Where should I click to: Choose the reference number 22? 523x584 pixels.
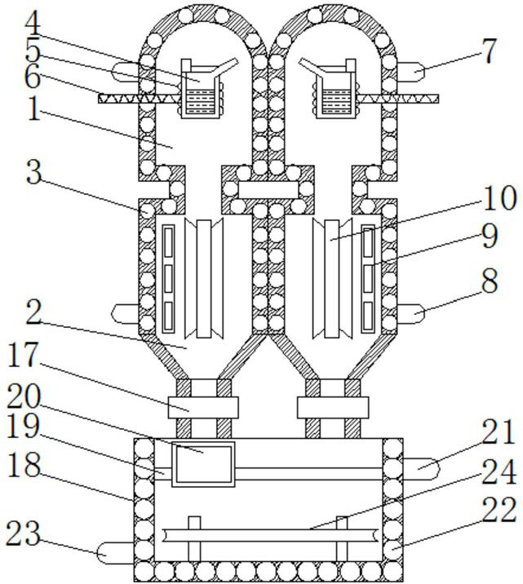click(x=498, y=510)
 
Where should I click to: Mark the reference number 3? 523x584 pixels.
click(x=33, y=174)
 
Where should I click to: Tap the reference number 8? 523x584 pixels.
click(x=488, y=281)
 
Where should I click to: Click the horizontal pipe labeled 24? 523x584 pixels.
click(x=269, y=534)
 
